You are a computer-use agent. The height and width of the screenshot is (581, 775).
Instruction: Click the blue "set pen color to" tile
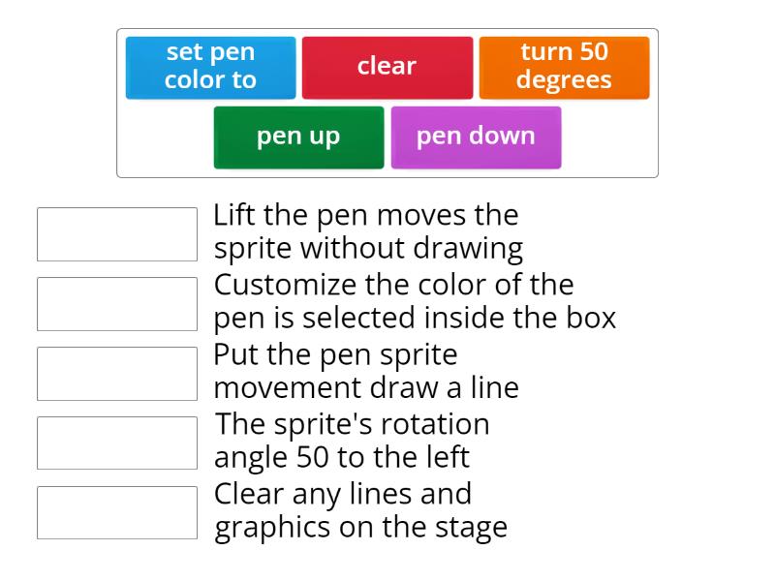[x=210, y=67]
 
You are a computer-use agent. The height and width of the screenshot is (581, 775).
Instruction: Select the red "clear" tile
[x=387, y=67]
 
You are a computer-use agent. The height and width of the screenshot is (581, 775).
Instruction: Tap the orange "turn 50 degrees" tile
[x=564, y=67]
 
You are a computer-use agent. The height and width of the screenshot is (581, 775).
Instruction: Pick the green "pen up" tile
[x=298, y=137]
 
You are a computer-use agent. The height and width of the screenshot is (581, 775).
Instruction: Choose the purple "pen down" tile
[x=476, y=137]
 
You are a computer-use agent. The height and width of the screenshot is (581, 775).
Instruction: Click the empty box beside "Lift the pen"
[x=117, y=234]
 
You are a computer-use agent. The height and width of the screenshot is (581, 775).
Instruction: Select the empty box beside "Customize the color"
[x=117, y=304]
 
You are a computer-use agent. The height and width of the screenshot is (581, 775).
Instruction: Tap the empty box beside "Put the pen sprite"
[x=117, y=374]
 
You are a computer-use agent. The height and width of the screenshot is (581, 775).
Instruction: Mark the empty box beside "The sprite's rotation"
[x=117, y=443]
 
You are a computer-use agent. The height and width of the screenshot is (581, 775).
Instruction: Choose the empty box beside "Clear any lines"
[x=117, y=512]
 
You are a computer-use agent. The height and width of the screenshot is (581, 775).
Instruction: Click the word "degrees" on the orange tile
[x=564, y=80]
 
